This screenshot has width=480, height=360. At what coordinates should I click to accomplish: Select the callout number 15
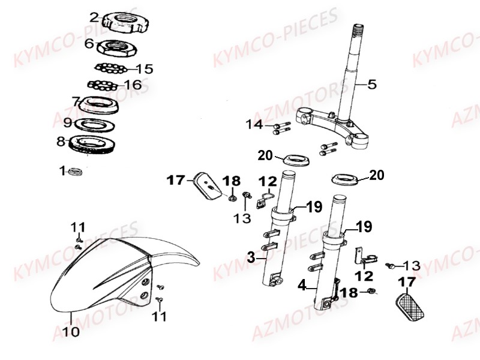coord(144,68)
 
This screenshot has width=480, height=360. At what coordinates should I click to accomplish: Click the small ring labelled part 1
coord(76,172)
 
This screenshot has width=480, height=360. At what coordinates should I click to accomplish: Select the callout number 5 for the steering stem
coord(372,84)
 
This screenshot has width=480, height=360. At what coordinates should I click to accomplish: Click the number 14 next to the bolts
coord(254,124)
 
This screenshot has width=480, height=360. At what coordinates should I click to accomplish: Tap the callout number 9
coord(68,123)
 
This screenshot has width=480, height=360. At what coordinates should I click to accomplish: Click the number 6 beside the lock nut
coord(89,43)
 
